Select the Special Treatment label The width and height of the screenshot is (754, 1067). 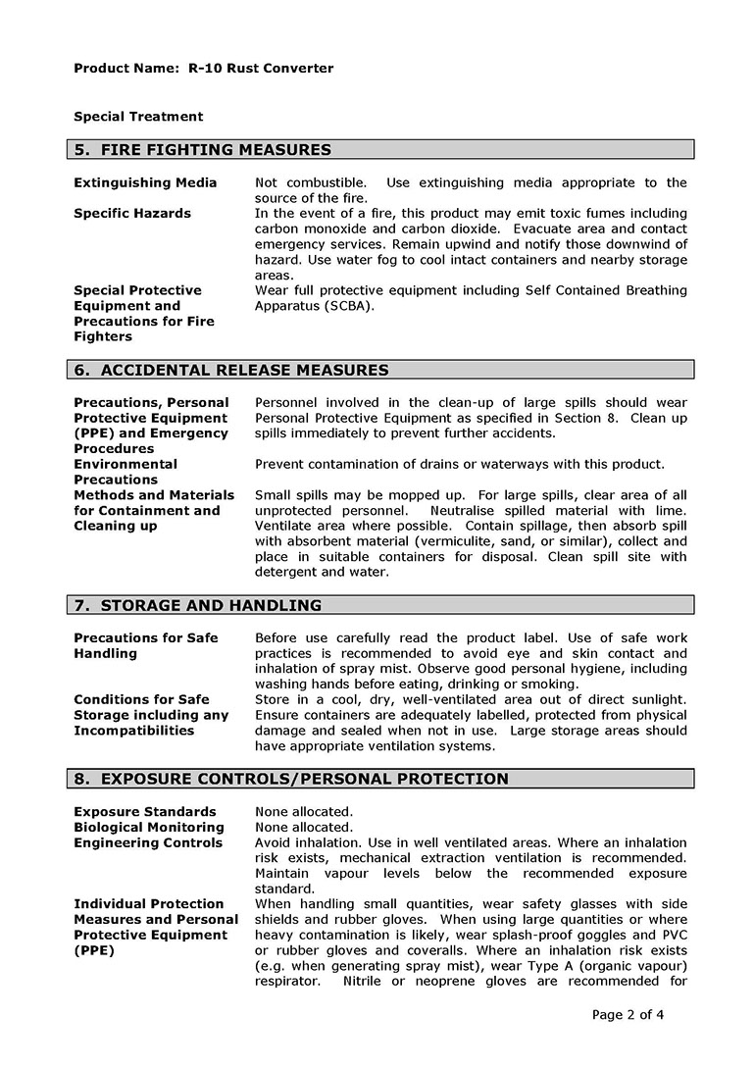click(138, 117)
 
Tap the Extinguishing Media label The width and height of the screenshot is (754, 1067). click(145, 183)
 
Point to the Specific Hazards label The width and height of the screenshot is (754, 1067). click(132, 214)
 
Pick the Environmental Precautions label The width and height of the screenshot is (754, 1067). click(126, 472)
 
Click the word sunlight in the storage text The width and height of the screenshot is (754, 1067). click(656, 699)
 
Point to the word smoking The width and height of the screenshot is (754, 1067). click(552, 685)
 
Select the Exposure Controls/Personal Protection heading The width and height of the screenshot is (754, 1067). click(291, 779)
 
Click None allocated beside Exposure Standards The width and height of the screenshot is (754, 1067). click(304, 812)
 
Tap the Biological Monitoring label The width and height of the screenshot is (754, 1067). click(149, 828)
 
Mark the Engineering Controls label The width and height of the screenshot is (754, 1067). click(148, 843)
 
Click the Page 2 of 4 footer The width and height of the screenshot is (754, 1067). click(628, 1015)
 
